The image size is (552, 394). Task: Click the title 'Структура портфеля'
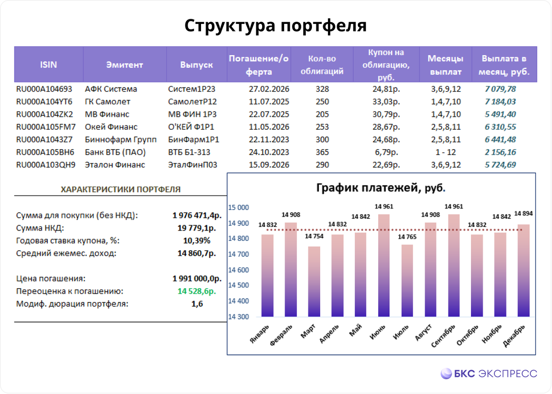pos(276,26)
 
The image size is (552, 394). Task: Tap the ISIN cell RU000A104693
pos(44,89)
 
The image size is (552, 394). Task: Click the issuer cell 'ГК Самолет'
pos(108,102)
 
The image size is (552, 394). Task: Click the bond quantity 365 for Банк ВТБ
pos(322,152)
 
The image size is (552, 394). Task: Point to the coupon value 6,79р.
pos(385,152)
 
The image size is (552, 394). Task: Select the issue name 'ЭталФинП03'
pos(193,165)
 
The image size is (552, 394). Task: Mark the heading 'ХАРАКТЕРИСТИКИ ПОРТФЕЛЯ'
pos(121,189)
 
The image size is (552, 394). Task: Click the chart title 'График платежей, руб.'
pos(380,188)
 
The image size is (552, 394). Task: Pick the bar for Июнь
pos(384,266)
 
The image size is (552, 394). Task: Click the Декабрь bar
pos(524,271)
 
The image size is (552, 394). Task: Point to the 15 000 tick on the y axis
pos(239,208)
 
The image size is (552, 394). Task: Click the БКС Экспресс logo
pos(489,373)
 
